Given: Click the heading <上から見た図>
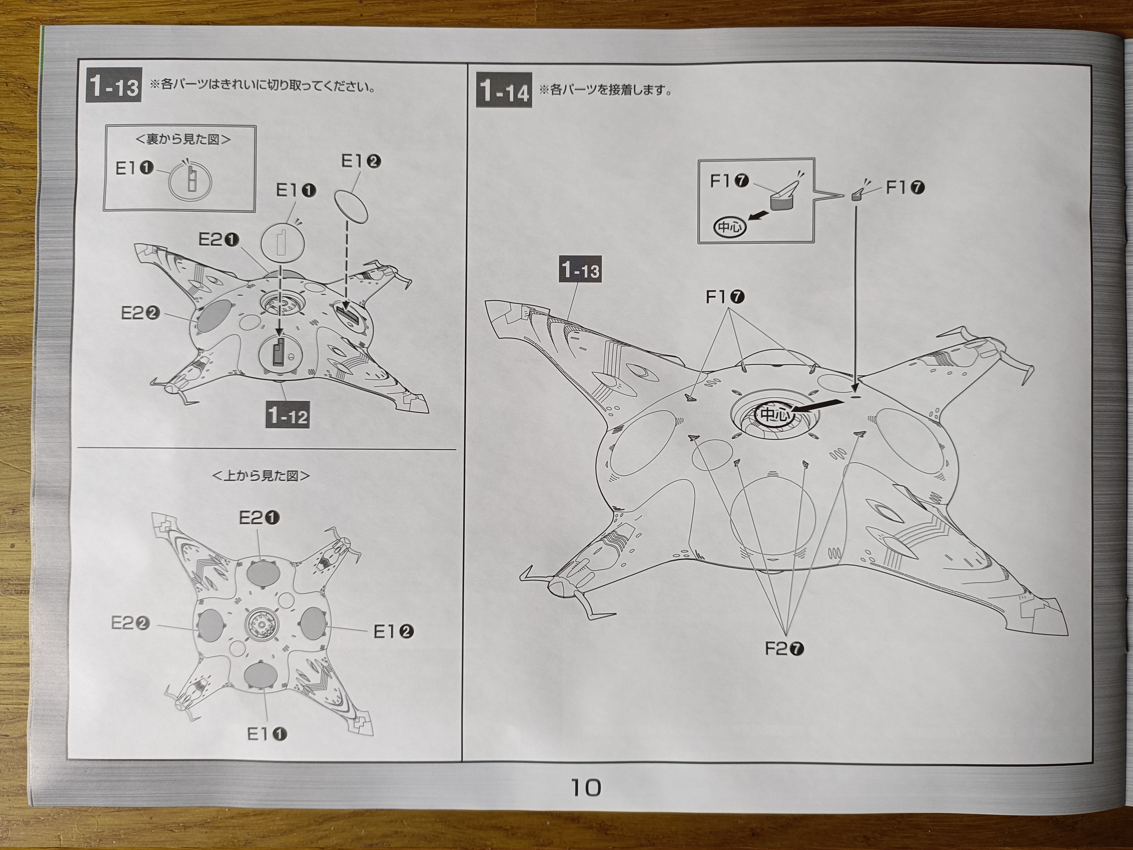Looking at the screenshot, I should [x=261, y=475].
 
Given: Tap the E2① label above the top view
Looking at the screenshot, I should [x=259, y=518].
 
